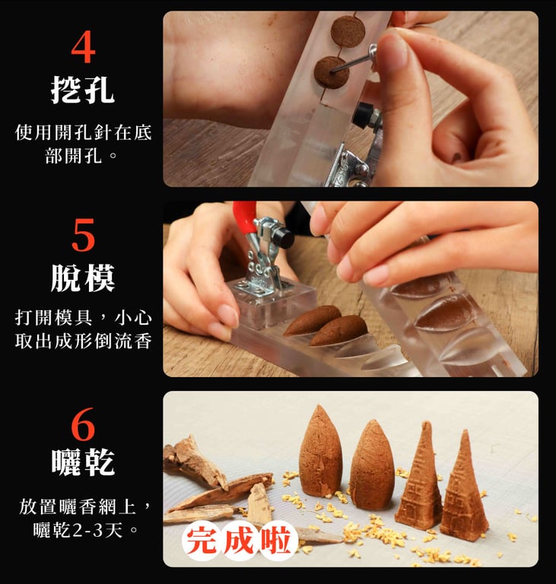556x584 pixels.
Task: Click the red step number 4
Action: click(x=83, y=47)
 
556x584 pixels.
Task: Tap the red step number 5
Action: click(x=83, y=235)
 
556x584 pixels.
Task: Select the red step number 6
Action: click(x=83, y=424)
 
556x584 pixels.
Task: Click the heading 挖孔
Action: click(x=82, y=90)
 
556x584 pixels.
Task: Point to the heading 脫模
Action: click(x=82, y=278)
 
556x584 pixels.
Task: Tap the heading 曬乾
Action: click(x=82, y=462)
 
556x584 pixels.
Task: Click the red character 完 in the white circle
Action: click(x=202, y=541)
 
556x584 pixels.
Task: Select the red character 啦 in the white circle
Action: click(x=276, y=541)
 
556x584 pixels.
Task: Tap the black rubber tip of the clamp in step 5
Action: click(x=282, y=237)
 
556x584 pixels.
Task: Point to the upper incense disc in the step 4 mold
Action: click(x=348, y=31)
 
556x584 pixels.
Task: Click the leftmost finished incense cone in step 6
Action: click(x=320, y=452)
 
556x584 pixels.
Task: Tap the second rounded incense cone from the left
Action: click(x=372, y=465)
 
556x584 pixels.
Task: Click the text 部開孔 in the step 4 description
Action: click(x=74, y=155)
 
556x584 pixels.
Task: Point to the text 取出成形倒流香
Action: click(x=83, y=341)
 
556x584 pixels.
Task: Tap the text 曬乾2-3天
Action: click(x=78, y=529)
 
